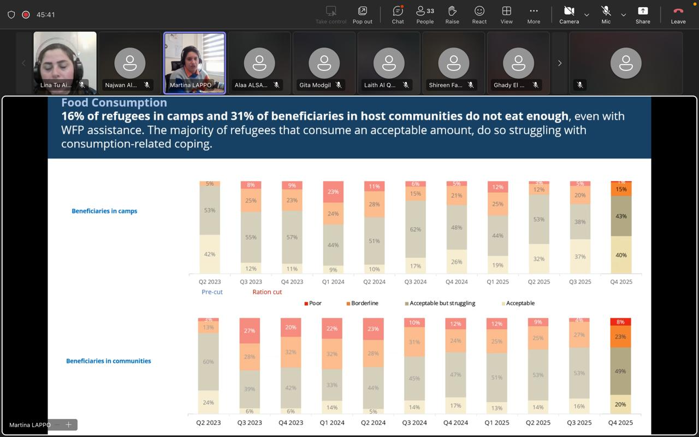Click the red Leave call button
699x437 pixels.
[x=678, y=14]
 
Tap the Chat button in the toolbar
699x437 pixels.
[x=398, y=14]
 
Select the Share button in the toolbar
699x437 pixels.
[x=643, y=14]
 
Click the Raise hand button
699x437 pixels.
[x=452, y=14]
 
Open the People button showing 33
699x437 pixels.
[x=425, y=14]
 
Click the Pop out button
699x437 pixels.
[x=362, y=14]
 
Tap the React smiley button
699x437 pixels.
[x=479, y=14]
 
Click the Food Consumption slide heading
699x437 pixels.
[x=114, y=103]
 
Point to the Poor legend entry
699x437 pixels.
[x=313, y=303]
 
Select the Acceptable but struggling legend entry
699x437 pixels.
[x=440, y=303]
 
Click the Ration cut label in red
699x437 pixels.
[x=267, y=292]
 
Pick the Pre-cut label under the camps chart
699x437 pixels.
[x=212, y=292]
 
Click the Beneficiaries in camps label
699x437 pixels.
[x=104, y=211]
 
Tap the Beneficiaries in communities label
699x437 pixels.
[x=108, y=361]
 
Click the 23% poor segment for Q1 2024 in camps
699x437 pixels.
[x=333, y=192]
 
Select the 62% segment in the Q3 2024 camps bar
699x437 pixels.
[x=416, y=229]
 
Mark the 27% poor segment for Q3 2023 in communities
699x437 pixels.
[x=250, y=330]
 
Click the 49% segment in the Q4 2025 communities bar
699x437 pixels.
[x=620, y=371]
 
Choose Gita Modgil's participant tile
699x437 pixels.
[x=324, y=63]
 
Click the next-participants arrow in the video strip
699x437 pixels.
[x=560, y=63]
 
